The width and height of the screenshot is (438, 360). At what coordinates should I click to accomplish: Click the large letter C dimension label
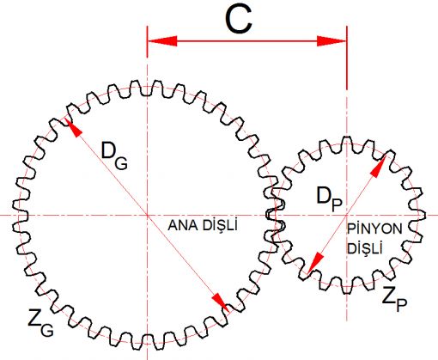[239, 19]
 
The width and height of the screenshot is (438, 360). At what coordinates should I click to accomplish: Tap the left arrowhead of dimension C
[162, 41]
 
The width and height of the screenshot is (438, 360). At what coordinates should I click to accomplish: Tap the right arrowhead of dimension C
[332, 41]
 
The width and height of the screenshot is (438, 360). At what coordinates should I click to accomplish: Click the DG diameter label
[114, 156]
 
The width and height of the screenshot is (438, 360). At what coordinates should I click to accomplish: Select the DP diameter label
[329, 198]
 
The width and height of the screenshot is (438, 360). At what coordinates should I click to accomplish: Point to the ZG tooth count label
[40, 322]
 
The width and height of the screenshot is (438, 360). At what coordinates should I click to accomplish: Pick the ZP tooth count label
[394, 299]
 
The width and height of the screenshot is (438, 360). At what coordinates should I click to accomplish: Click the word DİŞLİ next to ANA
[220, 225]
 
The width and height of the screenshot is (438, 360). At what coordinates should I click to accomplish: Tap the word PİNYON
[374, 229]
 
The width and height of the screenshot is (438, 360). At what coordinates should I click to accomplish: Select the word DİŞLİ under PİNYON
[365, 248]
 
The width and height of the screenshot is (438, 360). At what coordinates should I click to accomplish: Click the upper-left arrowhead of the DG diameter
[73, 127]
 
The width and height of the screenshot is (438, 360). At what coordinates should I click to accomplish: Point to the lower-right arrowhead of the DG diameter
[221, 302]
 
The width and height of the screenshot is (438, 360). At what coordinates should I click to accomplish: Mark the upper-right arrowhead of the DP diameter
[379, 166]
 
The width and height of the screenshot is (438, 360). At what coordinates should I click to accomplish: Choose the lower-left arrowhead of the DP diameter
[315, 264]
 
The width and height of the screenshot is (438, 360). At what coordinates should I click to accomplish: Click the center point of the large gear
[147, 215]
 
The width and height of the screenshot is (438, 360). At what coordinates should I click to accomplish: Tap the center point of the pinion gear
[347, 215]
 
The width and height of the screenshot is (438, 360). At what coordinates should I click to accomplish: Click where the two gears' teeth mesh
[276, 215]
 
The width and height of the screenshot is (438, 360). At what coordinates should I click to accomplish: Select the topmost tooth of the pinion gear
[347, 143]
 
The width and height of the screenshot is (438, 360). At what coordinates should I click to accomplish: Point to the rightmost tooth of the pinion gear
[419, 215]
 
